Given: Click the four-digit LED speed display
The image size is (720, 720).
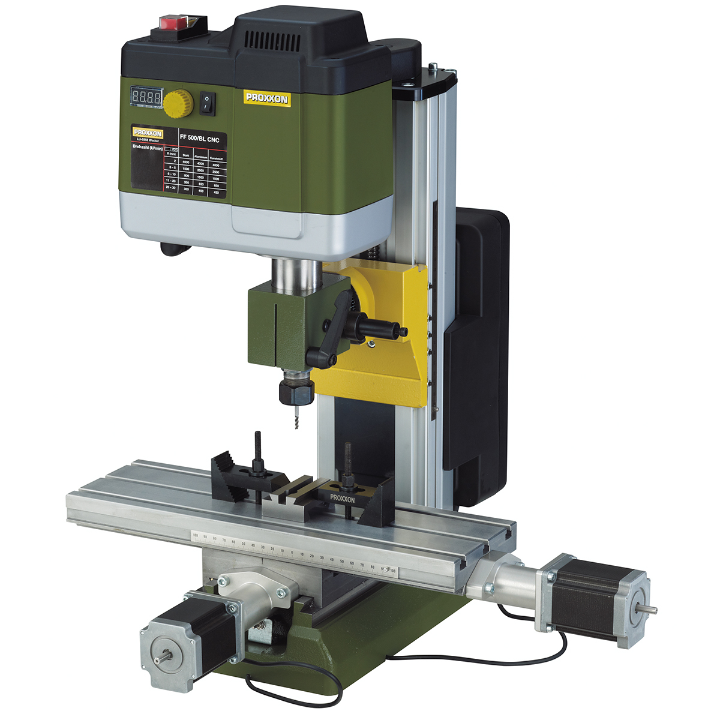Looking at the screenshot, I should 146,97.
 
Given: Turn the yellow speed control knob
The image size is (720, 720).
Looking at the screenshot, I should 179,104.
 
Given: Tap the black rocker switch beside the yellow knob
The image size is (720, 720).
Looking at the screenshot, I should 207,103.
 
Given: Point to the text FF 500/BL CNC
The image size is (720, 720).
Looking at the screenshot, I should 200,139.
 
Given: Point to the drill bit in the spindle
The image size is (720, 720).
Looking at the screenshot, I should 294,418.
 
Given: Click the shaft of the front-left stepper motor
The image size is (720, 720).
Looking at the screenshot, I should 162,656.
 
